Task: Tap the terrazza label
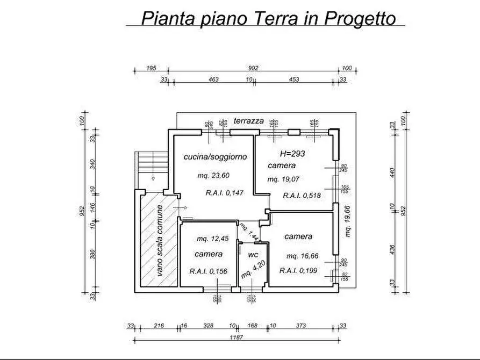pyautogui.click(x=248, y=121)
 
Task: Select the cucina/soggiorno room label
pyautogui.click(x=215, y=157)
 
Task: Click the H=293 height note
pyautogui.click(x=292, y=154)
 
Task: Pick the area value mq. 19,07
pyautogui.click(x=284, y=179)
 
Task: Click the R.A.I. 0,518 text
pyautogui.click(x=302, y=196)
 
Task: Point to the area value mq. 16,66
pyautogui.click(x=303, y=256)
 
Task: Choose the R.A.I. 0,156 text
pyautogui.click(x=209, y=271)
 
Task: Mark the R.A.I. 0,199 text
pyautogui.click(x=302, y=271)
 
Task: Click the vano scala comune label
pyautogui.click(x=160, y=242)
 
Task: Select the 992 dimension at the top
pyautogui.click(x=254, y=68)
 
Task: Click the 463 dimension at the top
pyautogui.click(x=213, y=80)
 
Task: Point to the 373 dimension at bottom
pyautogui.click(x=302, y=326)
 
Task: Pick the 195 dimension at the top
pyautogui.click(x=151, y=68)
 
